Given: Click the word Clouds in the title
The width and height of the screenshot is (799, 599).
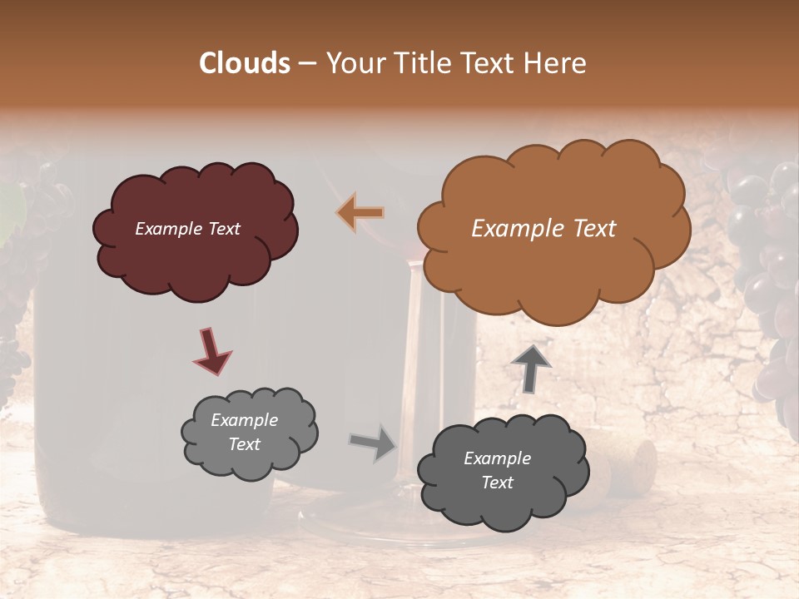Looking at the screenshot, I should pos(245,63).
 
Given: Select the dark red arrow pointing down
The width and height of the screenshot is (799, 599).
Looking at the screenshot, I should pos(211,351).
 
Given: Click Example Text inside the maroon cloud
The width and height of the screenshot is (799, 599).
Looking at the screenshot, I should pos(187,229).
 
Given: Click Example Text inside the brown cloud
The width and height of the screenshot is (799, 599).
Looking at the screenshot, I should pos(543,229).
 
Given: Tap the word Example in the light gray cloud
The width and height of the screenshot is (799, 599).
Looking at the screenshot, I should pos(244,420).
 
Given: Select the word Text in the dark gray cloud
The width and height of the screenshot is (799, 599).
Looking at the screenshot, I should pos(497,483).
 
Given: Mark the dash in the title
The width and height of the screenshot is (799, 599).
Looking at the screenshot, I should pos(307,63).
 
